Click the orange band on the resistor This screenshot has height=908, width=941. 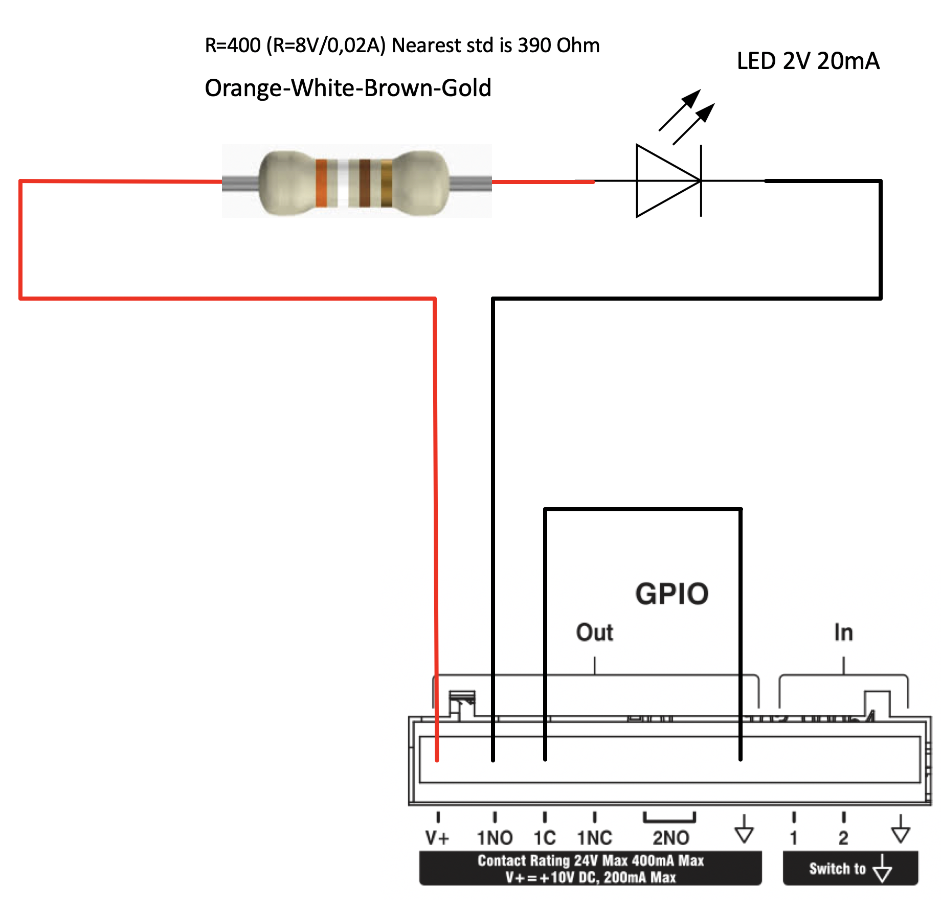(321, 183)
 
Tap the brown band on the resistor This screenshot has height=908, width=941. (365, 183)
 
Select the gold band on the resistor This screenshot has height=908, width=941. (387, 183)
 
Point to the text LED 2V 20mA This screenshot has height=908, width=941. (808, 61)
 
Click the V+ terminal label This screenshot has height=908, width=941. (437, 838)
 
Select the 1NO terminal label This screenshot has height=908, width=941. (495, 838)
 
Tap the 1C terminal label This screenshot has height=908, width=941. (545, 838)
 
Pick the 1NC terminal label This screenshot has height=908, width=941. (594, 838)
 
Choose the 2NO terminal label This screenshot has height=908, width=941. (670, 838)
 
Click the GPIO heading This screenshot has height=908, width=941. (672, 594)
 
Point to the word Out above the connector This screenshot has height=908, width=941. (594, 632)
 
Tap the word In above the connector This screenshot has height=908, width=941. (844, 632)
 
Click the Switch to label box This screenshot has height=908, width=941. (850, 868)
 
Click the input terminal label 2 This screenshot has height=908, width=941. (843, 838)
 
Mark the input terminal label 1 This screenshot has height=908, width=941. (794, 838)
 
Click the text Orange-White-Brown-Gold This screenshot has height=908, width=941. (348, 88)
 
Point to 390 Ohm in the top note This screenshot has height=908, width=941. (558, 46)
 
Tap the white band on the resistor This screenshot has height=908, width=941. (343, 183)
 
